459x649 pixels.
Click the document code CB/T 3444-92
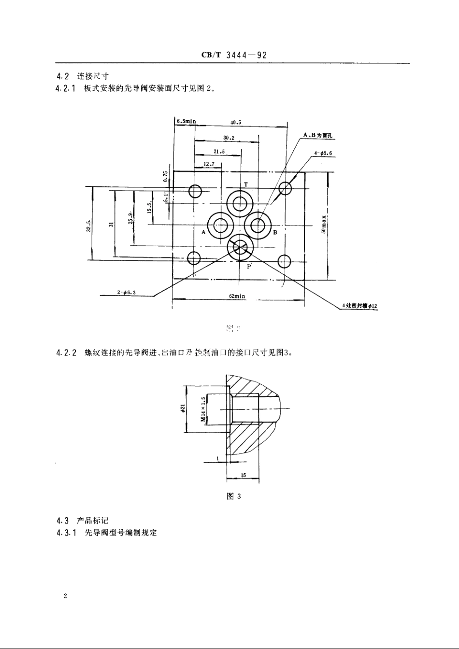pyautogui.click(x=234, y=55)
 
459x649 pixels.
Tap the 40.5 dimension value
pyautogui.click(x=236, y=123)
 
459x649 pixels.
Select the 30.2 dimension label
pyautogui.click(x=229, y=138)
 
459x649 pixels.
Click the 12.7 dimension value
pyautogui.click(x=209, y=164)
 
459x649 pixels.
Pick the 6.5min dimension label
pyautogui.click(x=186, y=121)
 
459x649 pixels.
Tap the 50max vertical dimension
pyautogui.click(x=325, y=223)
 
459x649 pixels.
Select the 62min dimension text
pyautogui.click(x=238, y=296)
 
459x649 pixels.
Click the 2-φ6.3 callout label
pyautogui.click(x=127, y=292)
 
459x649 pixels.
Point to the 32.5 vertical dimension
pyautogui.click(x=89, y=225)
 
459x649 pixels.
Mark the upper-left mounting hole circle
pyautogui.click(x=195, y=191)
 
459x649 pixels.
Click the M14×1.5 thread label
pyautogui.click(x=203, y=409)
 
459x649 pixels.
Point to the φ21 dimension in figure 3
pyautogui.click(x=183, y=409)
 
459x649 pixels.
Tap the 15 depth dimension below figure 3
pyautogui.click(x=243, y=475)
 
